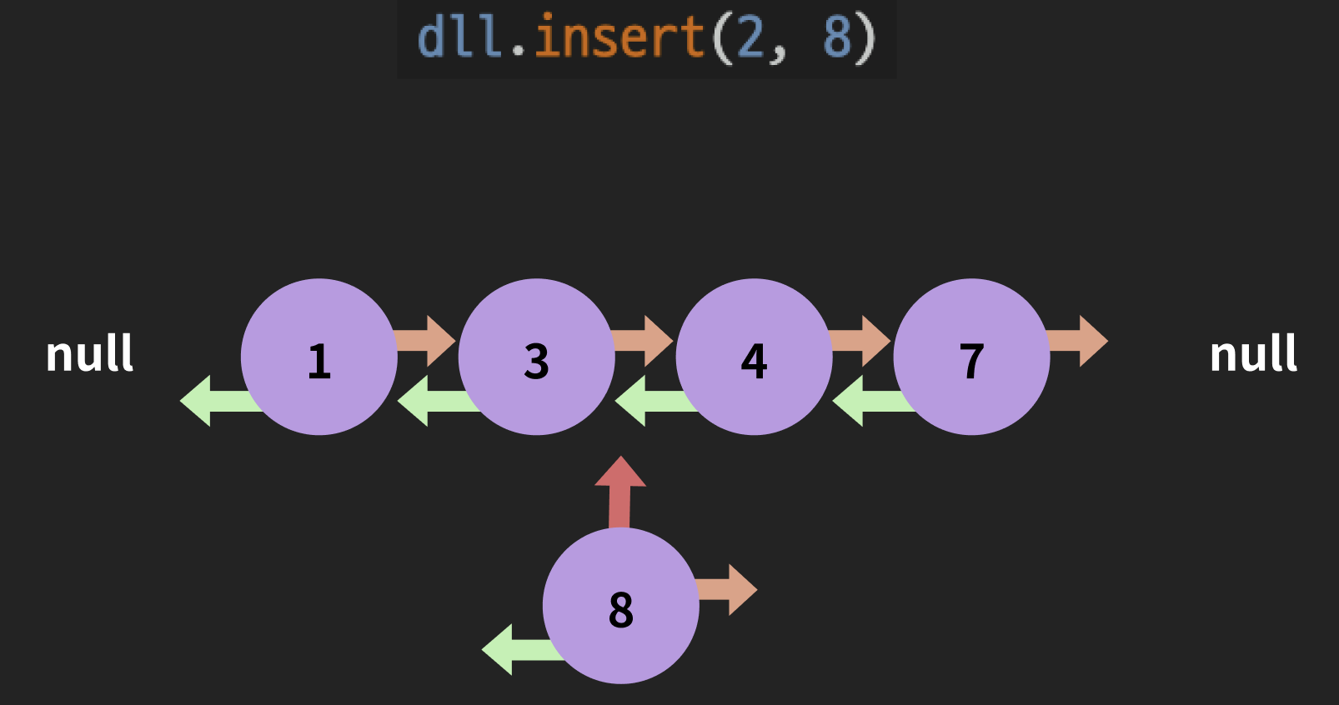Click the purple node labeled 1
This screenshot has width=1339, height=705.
pyautogui.click(x=319, y=357)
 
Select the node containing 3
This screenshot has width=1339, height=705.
pyautogui.click(x=536, y=357)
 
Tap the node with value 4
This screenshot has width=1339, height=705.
pyautogui.click(x=754, y=357)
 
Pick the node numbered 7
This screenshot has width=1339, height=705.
pyautogui.click(x=971, y=357)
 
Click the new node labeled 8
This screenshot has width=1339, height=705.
pyautogui.click(x=620, y=606)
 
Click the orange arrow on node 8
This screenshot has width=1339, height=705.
pyautogui.click(x=728, y=590)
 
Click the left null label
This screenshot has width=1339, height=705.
pyautogui.click(x=89, y=353)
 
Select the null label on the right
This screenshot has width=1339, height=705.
pyautogui.click(x=1253, y=353)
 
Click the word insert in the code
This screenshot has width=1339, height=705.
pyautogui.click(x=619, y=37)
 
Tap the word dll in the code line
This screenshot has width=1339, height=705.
pyautogui.click(x=459, y=37)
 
